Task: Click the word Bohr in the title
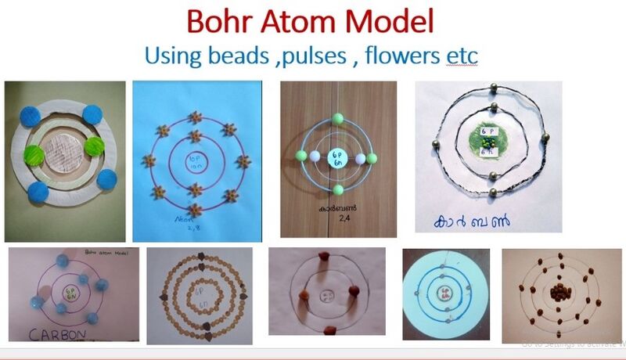tap(222, 22)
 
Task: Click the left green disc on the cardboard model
tap(34, 152)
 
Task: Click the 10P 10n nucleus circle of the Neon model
tap(195, 163)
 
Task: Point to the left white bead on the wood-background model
tap(315, 157)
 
